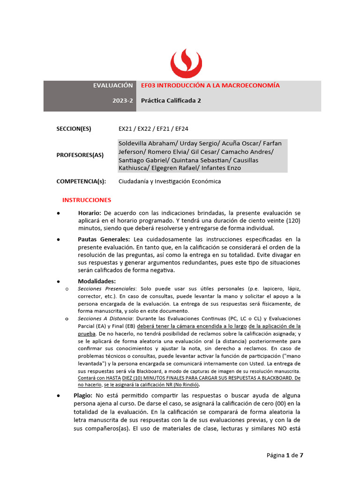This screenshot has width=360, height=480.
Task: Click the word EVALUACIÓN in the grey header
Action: (x=113, y=85)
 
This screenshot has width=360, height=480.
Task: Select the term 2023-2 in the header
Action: (x=122, y=100)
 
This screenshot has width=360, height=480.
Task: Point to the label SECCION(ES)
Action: (x=74, y=128)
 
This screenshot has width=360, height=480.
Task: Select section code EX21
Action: (x=126, y=128)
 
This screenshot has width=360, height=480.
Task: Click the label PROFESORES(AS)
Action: (x=80, y=155)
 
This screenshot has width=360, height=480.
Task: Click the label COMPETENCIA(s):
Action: (x=81, y=181)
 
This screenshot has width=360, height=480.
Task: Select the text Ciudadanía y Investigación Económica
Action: (x=169, y=181)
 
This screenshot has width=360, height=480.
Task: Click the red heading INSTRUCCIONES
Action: (x=87, y=200)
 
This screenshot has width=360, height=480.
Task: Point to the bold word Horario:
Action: (x=90, y=213)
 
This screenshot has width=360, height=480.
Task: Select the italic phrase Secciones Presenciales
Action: (x=106, y=289)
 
